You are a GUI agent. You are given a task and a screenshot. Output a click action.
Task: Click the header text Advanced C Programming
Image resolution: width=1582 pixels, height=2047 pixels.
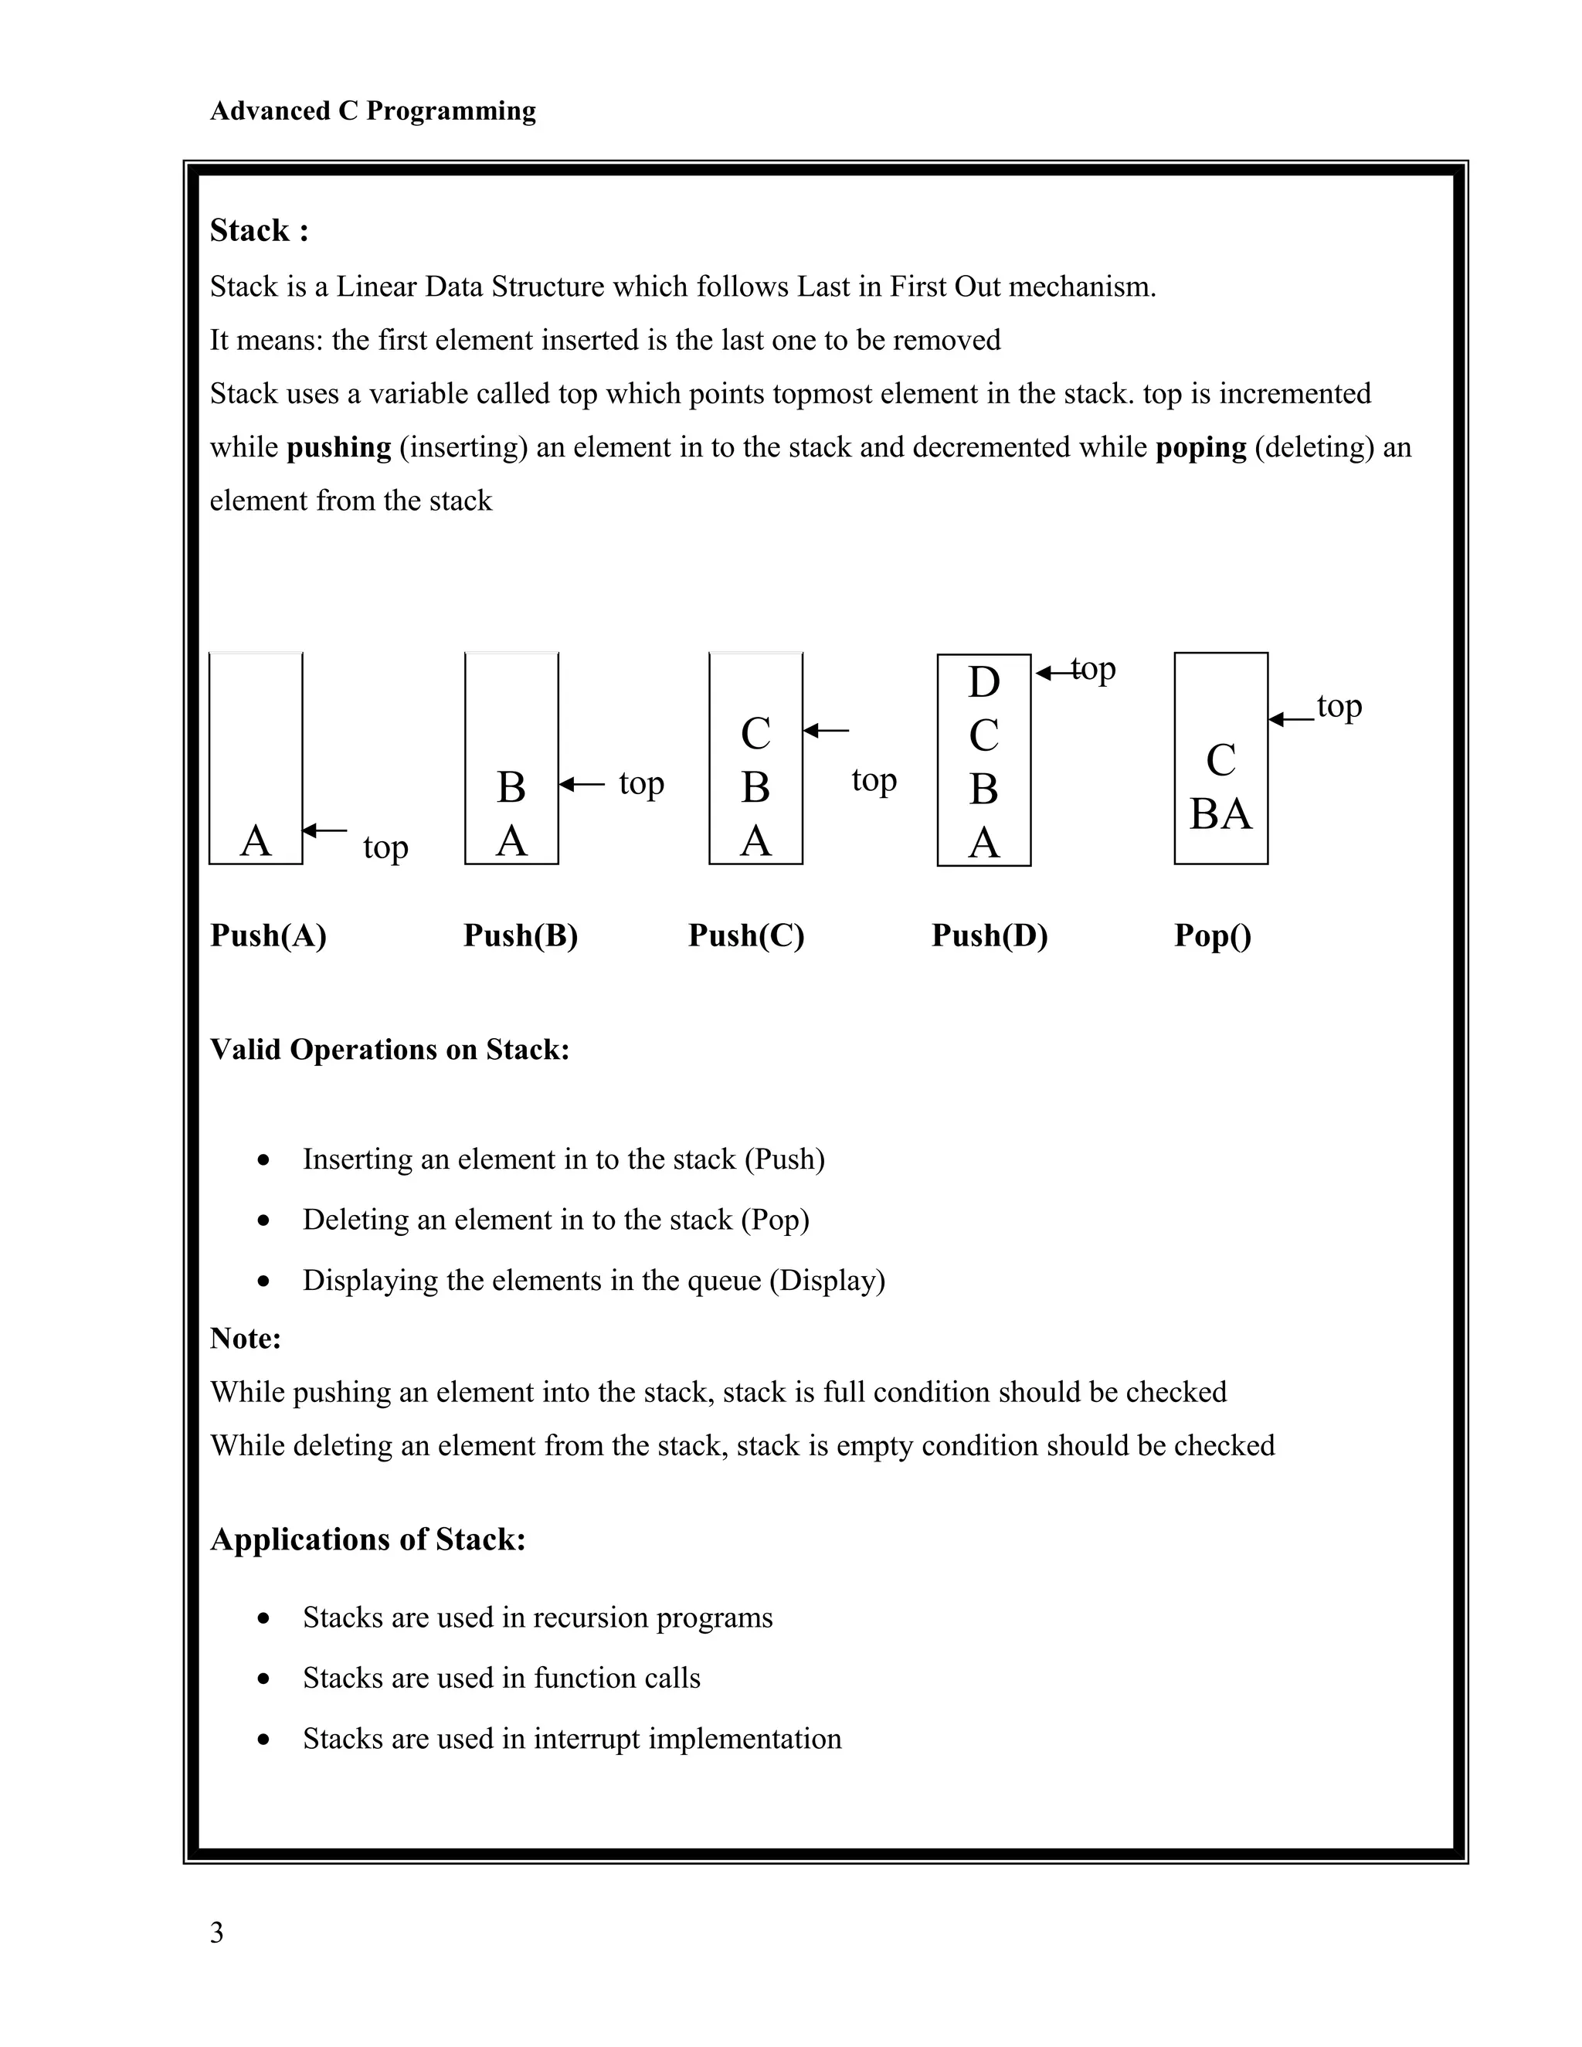tap(372, 110)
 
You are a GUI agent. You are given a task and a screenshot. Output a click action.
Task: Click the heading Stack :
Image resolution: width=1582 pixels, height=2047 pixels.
tap(259, 229)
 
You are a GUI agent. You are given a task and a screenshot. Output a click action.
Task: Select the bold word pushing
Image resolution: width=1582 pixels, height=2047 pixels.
tap(338, 447)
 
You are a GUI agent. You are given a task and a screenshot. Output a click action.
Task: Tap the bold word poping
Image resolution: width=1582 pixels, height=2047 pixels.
tap(1200, 447)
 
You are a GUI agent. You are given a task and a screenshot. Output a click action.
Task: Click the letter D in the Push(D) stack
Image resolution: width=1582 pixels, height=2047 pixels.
tap(983, 682)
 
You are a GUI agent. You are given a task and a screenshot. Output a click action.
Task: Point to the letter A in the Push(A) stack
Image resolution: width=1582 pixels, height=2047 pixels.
tap(255, 840)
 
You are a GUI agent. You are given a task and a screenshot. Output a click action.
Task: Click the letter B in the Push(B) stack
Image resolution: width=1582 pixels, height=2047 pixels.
tap(511, 787)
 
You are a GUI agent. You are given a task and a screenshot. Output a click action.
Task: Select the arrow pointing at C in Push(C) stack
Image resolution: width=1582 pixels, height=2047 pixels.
tap(827, 730)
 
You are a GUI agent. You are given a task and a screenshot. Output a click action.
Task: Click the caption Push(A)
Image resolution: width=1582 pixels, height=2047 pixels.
tap(268, 935)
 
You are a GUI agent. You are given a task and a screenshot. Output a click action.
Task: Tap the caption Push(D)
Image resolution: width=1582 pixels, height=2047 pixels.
tap(989, 935)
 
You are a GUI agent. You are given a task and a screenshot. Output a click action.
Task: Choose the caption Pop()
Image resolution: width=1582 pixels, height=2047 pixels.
tap(1212, 935)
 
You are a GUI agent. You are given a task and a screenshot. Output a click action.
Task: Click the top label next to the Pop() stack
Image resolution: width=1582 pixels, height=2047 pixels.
tap(1339, 706)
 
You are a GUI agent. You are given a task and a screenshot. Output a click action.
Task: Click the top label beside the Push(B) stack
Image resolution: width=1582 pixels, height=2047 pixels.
tap(641, 783)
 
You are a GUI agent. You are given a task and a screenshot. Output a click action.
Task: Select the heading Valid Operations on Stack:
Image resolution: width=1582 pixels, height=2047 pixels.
tap(389, 1049)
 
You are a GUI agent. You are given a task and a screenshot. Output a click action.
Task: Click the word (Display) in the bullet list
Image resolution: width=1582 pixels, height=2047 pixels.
tap(827, 1280)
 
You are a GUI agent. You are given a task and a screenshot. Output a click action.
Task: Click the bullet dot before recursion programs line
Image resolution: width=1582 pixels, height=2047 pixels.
tap(264, 1618)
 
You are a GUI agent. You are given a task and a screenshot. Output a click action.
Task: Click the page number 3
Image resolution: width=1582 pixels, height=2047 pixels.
tap(216, 1933)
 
